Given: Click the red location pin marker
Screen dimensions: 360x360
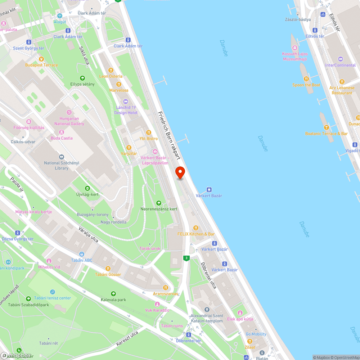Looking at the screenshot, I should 180,173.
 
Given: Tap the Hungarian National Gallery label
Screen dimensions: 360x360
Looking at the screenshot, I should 69,121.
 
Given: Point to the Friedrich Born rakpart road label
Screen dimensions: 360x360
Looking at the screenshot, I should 169,135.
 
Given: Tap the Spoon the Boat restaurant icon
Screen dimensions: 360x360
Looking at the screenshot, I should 306,79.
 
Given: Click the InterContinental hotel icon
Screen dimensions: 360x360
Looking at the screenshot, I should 341,59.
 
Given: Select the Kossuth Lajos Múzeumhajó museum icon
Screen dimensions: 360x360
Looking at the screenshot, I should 294,48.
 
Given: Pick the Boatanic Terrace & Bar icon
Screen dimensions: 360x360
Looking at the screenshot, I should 327,127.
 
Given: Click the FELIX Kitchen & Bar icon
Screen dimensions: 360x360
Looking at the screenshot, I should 196,228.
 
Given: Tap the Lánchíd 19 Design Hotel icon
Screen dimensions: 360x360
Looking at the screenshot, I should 126,102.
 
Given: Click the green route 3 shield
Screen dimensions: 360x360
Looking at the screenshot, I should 186,258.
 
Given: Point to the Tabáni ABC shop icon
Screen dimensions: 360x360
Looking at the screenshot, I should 82,254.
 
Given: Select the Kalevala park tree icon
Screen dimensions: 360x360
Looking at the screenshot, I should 113,294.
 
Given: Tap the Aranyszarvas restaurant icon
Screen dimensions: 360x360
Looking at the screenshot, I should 166,287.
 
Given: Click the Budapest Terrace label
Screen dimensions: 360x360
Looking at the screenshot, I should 41,65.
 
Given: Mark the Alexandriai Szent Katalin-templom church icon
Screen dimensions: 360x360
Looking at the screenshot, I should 207,310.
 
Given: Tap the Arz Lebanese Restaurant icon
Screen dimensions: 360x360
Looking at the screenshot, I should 342,82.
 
